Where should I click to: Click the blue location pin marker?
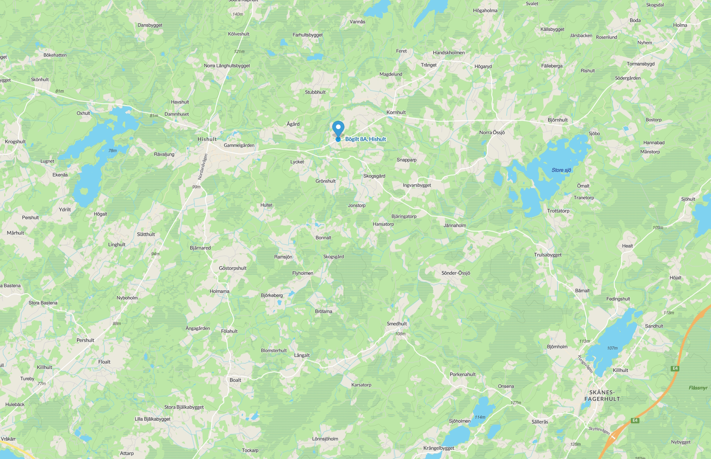(338, 129)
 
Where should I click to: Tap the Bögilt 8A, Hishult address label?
(365, 139)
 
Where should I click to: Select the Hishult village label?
(207, 139)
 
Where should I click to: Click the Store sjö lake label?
(561, 170)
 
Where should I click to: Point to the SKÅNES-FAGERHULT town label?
(602, 395)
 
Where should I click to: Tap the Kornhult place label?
(396, 113)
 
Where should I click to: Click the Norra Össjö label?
(492, 133)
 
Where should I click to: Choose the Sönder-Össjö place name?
(456, 273)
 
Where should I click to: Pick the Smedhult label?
(397, 324)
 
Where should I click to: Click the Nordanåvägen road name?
(203, 167)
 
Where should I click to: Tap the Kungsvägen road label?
(585, 364)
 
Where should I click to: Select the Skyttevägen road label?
(599, 430)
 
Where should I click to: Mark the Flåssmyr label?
(698, 388)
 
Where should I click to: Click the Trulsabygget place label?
(548, 255)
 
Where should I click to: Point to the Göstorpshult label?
(233, 268)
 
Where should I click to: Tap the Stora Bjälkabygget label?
(184, 407)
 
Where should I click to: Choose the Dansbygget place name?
(150, 25)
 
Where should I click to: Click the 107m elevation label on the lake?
(612, 348)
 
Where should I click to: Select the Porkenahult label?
(463, 375)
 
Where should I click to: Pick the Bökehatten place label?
(55, 55)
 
